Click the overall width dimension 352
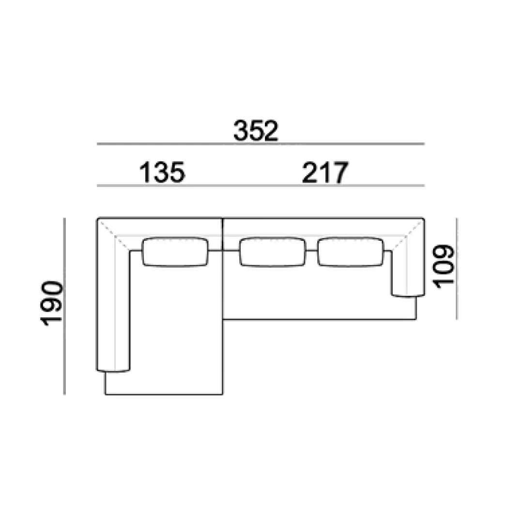pos(256,131)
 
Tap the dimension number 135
pos(162,172)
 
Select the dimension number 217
pos(325,172)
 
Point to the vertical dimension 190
pos(51,303)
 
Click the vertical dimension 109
pos(444,266)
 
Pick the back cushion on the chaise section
pos(175,252)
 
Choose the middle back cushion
pos(273,252)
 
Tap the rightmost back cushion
pos(350,252)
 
